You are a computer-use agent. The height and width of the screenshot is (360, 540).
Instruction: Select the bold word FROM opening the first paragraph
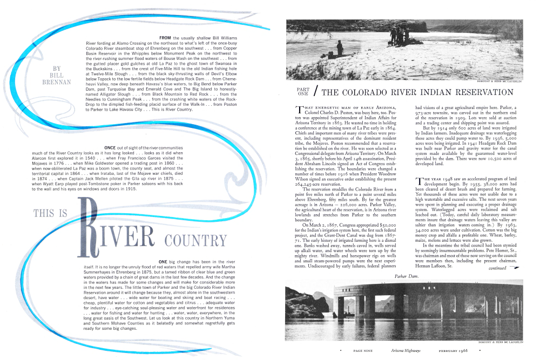166,37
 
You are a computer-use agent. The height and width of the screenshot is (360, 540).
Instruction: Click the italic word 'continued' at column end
497,268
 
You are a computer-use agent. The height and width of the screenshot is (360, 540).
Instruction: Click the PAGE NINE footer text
365,351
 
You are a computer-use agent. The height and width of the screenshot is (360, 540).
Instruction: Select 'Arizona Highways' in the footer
408,351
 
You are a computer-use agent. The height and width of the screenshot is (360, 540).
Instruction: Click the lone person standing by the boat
339,48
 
